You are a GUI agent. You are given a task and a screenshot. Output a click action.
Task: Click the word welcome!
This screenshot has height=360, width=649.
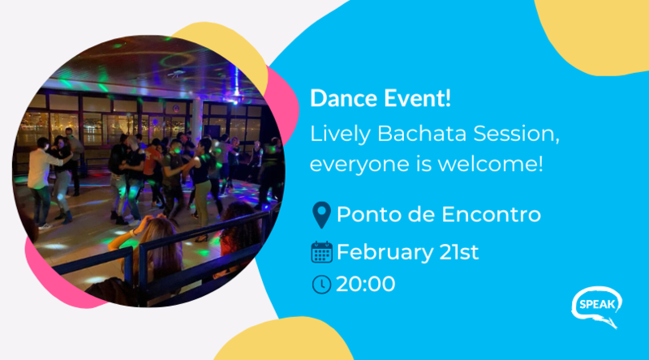point(491,164)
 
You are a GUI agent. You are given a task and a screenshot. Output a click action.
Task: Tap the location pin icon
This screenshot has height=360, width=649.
point(321,215)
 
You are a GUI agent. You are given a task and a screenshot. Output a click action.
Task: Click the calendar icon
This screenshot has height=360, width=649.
point(321,252)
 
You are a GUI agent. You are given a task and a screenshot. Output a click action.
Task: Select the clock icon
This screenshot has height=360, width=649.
point(321,285)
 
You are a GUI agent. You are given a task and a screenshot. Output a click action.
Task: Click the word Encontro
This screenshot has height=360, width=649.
point(491,214)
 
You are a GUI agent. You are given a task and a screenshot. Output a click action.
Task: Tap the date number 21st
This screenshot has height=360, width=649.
point(459,252)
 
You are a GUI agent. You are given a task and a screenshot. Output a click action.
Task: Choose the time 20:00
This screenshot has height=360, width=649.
point(366,285)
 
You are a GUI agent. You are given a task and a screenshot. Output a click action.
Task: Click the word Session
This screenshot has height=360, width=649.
point(517,135)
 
